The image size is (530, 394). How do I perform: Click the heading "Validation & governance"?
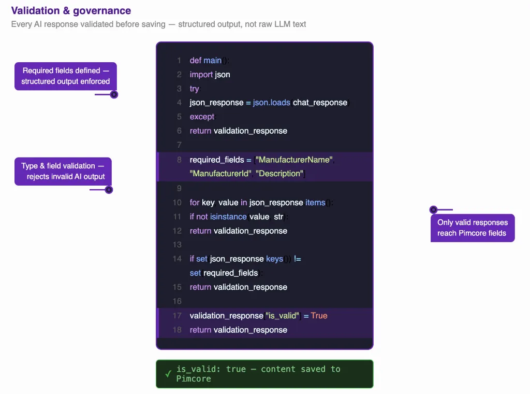71,11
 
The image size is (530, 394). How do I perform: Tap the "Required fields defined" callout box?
66,76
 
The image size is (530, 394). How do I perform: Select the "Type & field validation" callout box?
63,171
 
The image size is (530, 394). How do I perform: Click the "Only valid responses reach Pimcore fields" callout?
473,228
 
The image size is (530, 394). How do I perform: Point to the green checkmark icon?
168,374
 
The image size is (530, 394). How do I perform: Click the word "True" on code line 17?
319,316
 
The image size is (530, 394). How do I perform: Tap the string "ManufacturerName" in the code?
294,160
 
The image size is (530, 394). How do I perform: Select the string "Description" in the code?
279,174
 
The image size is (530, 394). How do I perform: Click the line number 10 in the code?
177,202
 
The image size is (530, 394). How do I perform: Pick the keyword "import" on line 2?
201,75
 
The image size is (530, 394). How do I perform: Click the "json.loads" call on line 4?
271,103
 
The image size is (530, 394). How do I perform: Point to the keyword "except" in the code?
202,117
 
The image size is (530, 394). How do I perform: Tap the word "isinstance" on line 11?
228,217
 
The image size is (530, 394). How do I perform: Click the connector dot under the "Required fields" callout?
114,94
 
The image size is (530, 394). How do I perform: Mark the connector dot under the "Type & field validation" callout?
109,190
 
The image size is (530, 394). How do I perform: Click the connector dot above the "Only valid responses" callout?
433,209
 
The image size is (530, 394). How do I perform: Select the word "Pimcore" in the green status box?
194,379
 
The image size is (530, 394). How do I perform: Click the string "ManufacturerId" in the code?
220,174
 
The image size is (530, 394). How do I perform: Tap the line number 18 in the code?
177,330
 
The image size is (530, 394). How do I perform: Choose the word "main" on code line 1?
213,61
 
